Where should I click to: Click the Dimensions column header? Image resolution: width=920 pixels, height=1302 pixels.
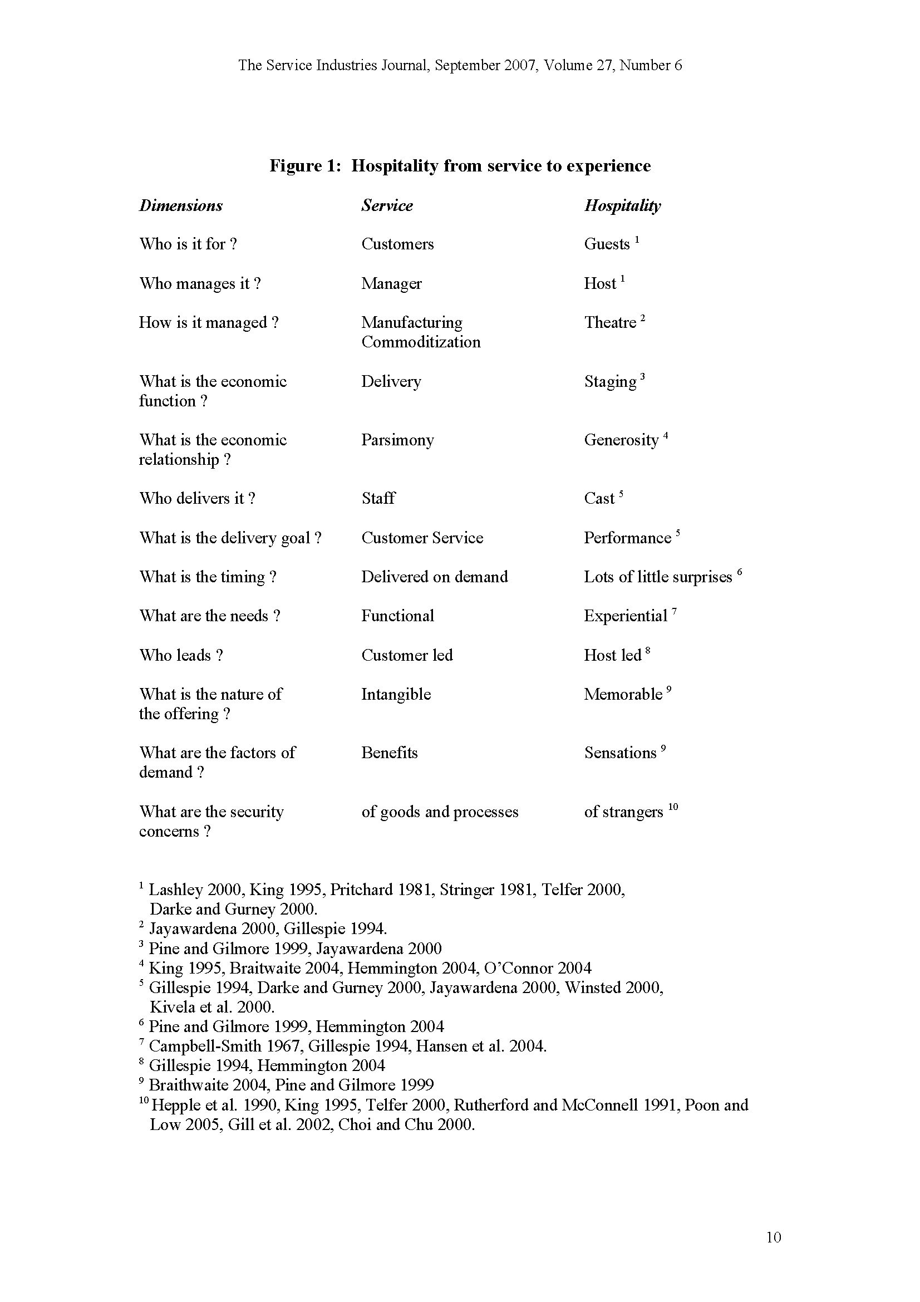point(181,205)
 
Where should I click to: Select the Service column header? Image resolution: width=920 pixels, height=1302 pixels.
point(387,205)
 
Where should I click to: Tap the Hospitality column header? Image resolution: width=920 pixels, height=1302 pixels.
point(622,205)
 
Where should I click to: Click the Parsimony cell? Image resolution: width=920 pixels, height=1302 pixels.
point(397,440)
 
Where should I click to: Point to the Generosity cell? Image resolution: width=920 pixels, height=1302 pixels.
point(621,440)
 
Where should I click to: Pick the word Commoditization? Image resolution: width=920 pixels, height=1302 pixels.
point(421,342)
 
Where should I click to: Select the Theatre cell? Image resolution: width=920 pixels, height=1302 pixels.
point(610,323)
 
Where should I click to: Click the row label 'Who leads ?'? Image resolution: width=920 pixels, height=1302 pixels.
point(181,655)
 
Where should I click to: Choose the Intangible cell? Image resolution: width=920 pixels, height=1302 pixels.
point(396,694)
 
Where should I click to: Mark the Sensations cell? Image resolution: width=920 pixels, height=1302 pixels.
point(620,753)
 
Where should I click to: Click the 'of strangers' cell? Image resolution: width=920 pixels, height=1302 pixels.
point(623,812)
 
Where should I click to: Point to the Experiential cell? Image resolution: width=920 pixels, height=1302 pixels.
point(625,616)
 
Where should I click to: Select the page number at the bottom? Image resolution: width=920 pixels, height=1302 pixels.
point(773,1237)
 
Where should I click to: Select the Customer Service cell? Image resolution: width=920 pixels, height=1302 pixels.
point(422,538)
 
